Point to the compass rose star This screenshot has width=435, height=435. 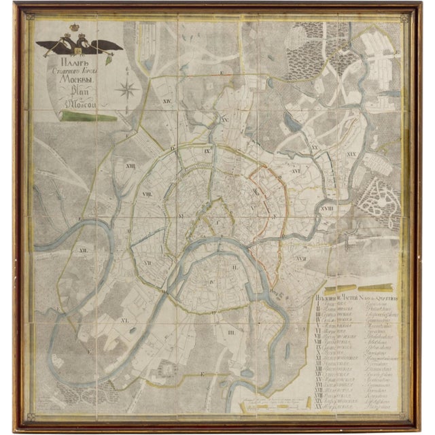point(124,88)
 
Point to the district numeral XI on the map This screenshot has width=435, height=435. point(125,318)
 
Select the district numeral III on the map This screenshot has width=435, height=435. point(231,332)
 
